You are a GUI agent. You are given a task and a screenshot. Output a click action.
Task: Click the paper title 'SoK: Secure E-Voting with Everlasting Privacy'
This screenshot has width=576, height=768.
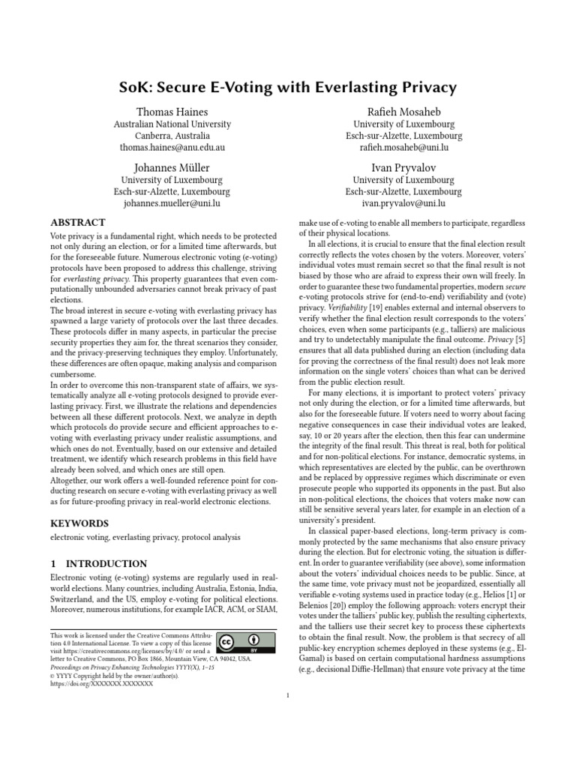pyautogui.click(x=287, y=88)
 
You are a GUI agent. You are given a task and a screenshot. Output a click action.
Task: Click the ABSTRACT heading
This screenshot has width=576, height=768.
pyautogui.click(x=77, y=223)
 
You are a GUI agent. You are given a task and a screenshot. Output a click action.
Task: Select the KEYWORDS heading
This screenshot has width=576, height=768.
pyautogui.click(x=79, y=523)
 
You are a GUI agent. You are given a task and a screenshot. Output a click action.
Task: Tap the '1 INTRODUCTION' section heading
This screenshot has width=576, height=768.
pyautogui.click(x=98, y=563)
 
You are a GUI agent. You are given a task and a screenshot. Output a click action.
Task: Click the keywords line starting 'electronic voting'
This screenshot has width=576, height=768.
pyautogui.click(x=145, y=538)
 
